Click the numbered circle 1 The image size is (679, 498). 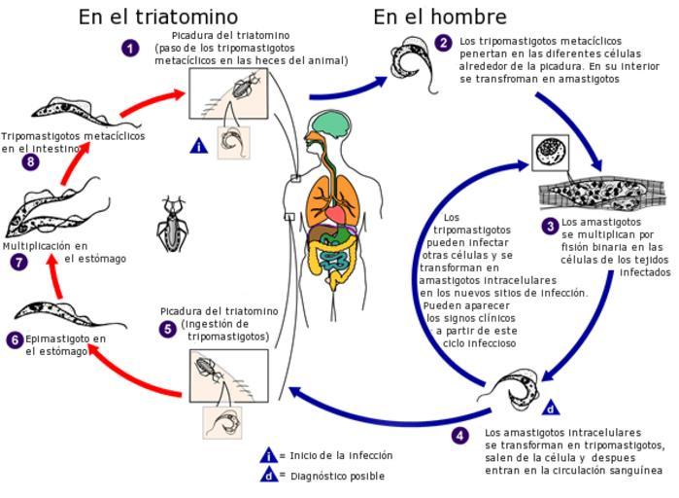click(130, 48)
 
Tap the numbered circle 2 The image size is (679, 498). click(443, 43)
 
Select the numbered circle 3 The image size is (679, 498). click(550, 227)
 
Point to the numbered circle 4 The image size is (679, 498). click(459, 435)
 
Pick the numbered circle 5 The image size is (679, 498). click(168, 330)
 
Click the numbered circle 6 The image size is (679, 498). click(15, 339)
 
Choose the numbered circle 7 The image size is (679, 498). click(18, 263)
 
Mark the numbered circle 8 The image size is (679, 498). click(30, 162)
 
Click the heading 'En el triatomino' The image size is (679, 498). click(158, 17)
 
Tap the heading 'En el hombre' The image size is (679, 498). click(440, 17)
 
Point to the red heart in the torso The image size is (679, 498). click(335, 215)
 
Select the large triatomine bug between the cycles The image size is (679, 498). click(172, 224)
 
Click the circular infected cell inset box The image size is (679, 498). click(551, 153)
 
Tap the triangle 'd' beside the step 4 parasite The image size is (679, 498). click(551, 408)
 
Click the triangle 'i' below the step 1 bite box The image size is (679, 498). click(199, 146)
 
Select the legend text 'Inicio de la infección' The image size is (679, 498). click(341, 455)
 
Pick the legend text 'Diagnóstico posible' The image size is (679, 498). click(337, 476)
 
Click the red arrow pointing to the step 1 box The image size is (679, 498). click(152, 102)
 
